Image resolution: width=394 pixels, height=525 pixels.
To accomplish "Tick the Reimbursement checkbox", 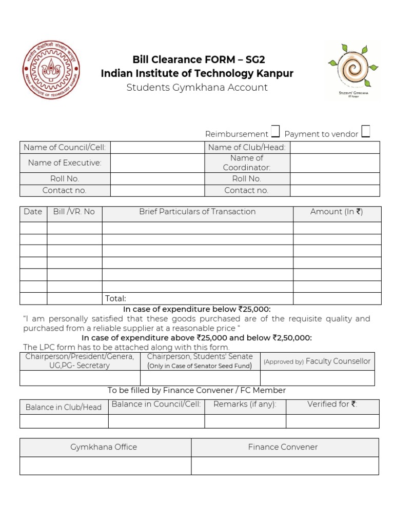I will (x=275, y=132).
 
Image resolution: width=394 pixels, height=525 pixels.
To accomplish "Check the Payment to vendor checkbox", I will (x=366, y=132).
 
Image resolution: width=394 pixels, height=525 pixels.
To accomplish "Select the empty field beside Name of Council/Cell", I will (x=157, y=148).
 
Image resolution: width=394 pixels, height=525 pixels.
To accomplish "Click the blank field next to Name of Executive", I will (x=157, y=163).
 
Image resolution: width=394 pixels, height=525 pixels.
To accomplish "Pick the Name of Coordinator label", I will (x=247, y=163).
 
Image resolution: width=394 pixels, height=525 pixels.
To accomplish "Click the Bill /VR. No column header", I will (x=74, y=212).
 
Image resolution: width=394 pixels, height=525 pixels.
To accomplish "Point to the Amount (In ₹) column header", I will (x=337, y=212).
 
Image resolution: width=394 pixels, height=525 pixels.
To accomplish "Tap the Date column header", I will (x=33, y=212).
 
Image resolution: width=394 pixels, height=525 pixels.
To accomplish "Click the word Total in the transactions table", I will (x=115, y=298).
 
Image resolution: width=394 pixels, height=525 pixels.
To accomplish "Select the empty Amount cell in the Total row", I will (x=337, y=298).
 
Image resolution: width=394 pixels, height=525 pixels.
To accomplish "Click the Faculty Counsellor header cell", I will (x=317, y=361).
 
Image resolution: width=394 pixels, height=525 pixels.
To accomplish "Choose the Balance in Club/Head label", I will (x=64, y=407).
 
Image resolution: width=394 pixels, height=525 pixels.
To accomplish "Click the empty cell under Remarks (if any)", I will (x=245, y=421).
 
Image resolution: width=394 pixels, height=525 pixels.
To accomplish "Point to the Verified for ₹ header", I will (x=332, y=405).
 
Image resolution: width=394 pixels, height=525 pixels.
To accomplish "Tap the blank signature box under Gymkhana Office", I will (x=105, y=466).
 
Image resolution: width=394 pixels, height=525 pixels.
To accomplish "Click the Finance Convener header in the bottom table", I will (x=283, y=447).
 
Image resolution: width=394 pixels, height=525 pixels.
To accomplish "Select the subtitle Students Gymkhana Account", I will (x=197, y=88).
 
